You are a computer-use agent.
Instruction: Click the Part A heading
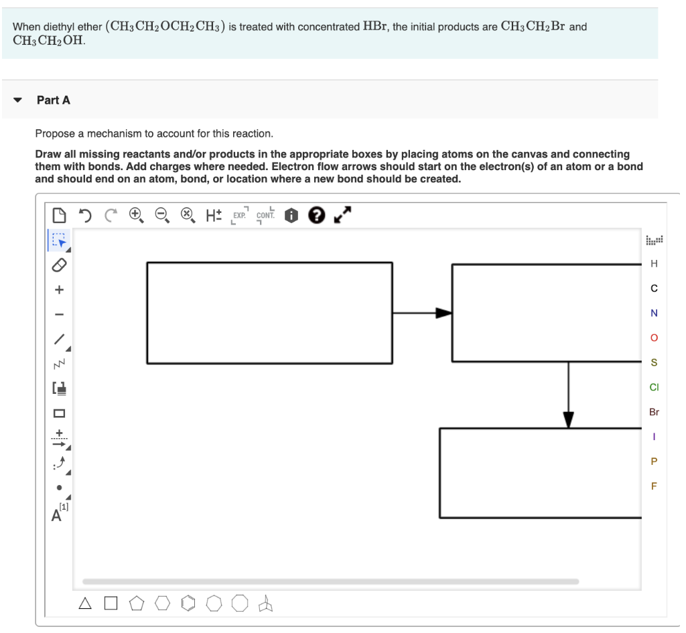(53, 100)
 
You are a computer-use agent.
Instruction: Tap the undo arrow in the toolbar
(85, 215)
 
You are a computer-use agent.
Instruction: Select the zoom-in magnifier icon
(136, 215)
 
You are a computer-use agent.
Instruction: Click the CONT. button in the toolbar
(265, 215)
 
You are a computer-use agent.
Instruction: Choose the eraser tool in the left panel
(59, 265)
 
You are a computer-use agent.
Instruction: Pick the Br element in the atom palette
(654, 412)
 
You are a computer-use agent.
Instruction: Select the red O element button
(654, 338)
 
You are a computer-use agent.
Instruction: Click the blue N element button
(654, 313)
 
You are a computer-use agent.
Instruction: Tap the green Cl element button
(654, 387)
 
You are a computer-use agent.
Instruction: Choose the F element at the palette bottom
(654, 486)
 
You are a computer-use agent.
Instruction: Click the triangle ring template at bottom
(84, 604)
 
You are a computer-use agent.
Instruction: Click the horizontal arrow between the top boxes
(422, 313)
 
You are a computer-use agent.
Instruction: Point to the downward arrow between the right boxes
(568, 395)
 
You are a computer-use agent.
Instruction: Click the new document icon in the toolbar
(59, 215)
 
